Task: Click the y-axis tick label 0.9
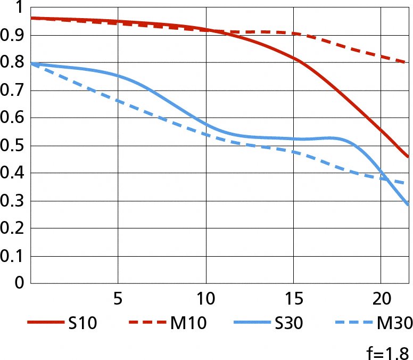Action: pyautogui.click(x=13, y=35)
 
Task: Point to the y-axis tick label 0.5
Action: pyautogui.click(x=13, y=146)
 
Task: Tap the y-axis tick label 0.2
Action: pyautogui.click(x=13, y=229)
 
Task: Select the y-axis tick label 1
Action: pyautogui.click(x=19, y=7)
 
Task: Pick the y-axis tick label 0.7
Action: pyautogui.click(x=13, y=91)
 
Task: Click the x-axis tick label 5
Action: pyautogui.click(x=118, y=298)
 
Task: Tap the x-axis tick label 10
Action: pyautogui.click(x=205, y=298)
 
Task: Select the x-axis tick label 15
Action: pyautogui.click(x=293, y=298)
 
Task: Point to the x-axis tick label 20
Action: pyautogui.click(x=381, y=298)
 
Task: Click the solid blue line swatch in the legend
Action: pyautogui.click(x=249, y=323)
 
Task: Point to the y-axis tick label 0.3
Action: pyautogui.click(x=13, y=201)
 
